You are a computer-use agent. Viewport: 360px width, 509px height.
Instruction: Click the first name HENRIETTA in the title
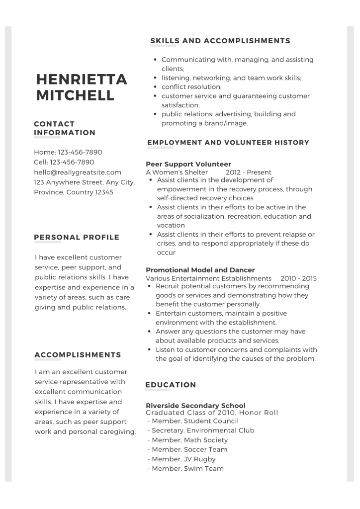[82, 80]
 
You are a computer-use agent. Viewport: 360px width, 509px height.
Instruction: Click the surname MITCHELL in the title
[75, 95]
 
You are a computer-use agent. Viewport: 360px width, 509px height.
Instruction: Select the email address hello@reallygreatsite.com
[78, 172]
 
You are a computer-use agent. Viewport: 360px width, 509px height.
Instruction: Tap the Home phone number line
[68, 152]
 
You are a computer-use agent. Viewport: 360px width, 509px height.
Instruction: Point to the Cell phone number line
[64, 162]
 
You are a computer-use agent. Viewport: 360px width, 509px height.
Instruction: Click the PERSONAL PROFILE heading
[77, 237]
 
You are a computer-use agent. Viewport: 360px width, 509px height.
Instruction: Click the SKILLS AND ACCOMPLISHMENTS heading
[220, 41]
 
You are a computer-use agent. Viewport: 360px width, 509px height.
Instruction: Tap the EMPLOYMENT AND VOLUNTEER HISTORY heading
[228, 143]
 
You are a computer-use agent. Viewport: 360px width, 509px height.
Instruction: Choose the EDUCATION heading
[171, 385]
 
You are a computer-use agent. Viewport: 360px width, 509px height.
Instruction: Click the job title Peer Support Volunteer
[188, 164]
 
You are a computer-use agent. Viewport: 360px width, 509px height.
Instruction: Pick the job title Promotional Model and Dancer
[200, 270]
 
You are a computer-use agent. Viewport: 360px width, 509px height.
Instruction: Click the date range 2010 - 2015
[298, 278]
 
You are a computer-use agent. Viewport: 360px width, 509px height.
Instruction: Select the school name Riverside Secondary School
[195, 406]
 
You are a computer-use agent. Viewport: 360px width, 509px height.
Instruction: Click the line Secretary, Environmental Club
[201, 430]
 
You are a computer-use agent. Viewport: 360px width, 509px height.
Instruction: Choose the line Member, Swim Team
[185, 468]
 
